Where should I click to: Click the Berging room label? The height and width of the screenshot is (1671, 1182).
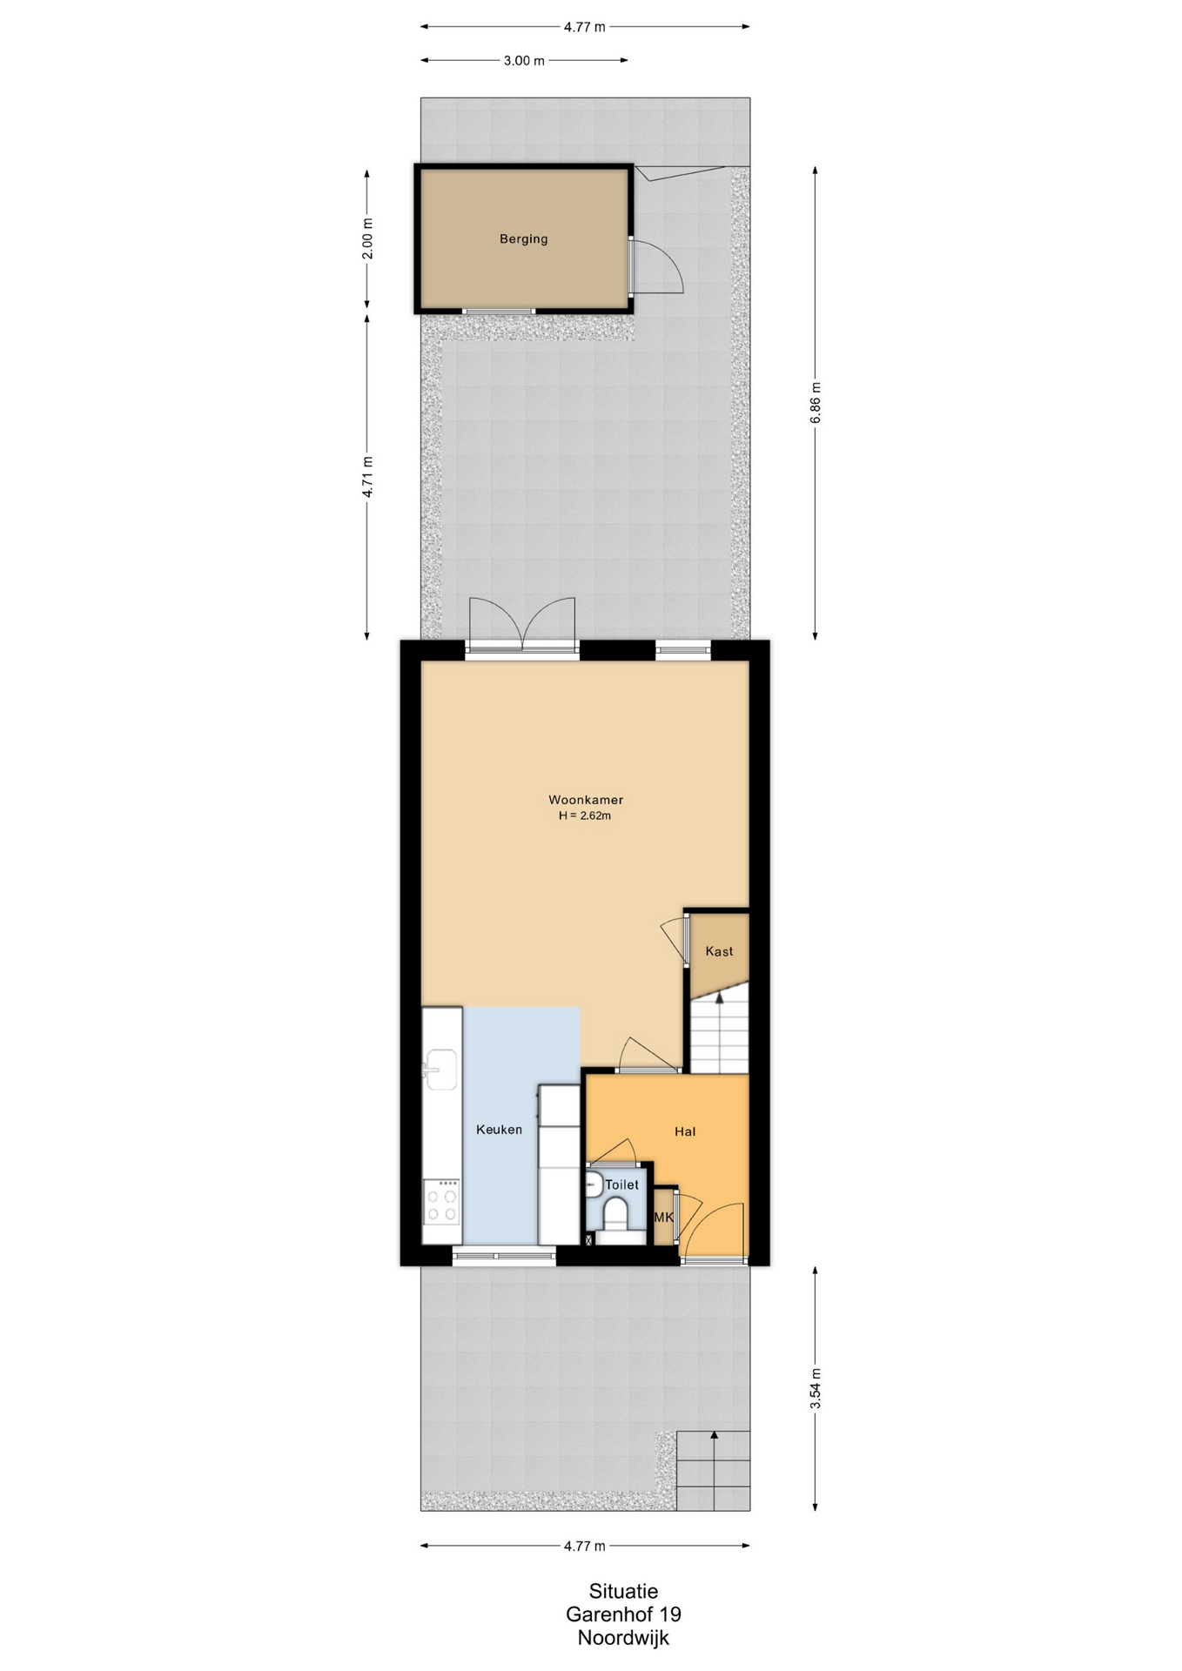tap(523, 239)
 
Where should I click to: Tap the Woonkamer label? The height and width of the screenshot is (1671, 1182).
tap(585, 800)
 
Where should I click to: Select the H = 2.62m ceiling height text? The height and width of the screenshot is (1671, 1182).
tap(585, 816)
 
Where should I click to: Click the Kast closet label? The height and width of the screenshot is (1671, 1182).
tap(719, 951)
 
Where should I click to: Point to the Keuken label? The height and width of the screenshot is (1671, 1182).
tap(499, 1130)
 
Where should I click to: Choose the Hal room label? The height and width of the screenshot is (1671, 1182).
tap(685, 1131)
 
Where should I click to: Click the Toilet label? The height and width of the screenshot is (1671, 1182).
tap(621, 1184)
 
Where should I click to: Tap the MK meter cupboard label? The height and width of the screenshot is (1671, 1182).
tap(663, 1217)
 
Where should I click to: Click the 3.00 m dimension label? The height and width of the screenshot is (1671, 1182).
tap(524, 61)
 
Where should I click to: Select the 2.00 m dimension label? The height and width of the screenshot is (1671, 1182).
tap(367, 238)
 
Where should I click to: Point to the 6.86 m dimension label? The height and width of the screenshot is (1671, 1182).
tap(816, 403)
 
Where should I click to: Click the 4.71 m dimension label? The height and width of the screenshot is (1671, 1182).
tap(367, 477)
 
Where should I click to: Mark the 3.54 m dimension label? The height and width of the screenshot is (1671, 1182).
tap(816, 1388)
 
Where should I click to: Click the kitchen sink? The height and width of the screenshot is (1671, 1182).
tap(440, 1070)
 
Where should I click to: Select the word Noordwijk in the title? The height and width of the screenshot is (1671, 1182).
tap(623, 1639)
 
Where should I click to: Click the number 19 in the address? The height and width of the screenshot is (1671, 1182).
tap(670, 1614)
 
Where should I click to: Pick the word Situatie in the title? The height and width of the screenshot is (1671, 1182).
tap(623, 1592)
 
